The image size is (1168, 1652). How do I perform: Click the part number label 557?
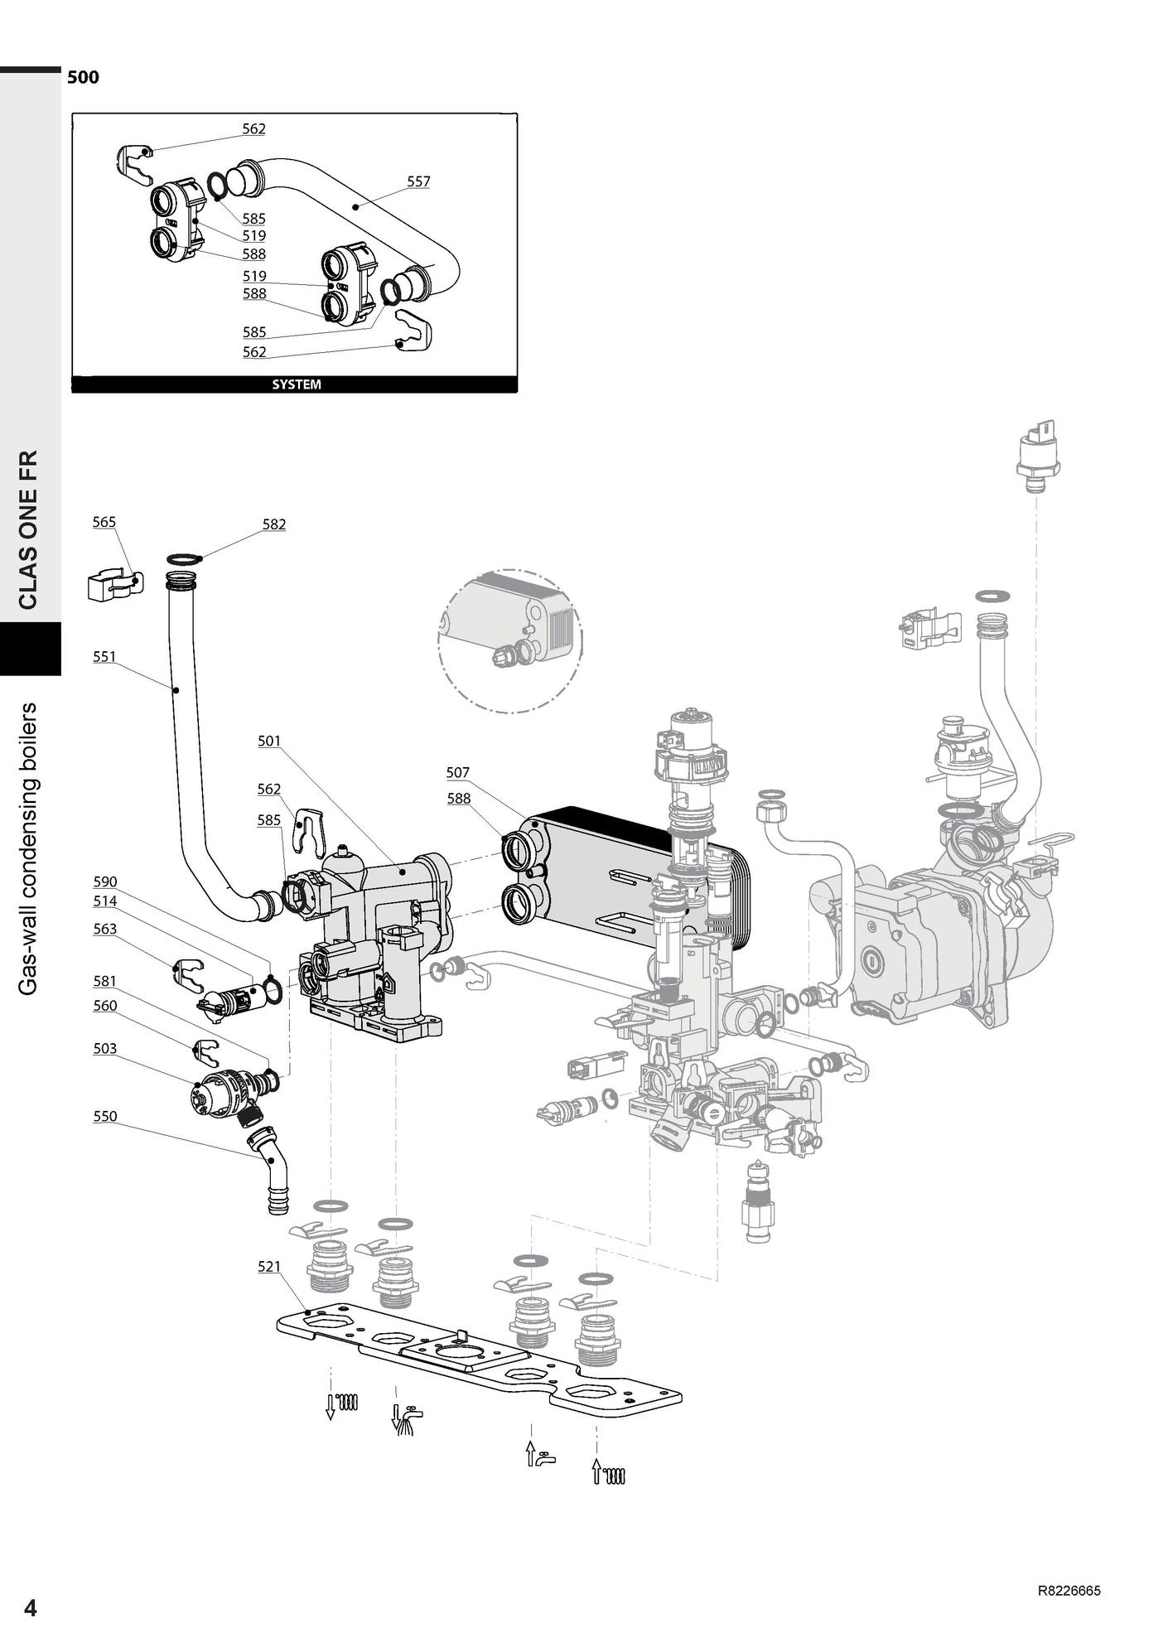click(418, 181)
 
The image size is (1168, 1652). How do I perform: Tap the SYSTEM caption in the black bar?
click(296, 384)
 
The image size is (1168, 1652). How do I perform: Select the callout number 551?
click(104, 657)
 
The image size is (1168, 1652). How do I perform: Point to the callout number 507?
click(458, 773)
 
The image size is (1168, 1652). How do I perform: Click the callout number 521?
click(269, 1267)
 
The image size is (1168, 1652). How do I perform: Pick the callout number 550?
click(104, 1117)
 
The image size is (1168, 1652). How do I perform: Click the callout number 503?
click(104, 1049)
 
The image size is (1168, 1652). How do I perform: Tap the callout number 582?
click(274, 524)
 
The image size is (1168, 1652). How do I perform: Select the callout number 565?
click(104, 522)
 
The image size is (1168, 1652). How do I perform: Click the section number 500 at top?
click(83, 78)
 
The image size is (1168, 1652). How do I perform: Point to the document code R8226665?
click(1069, 1592)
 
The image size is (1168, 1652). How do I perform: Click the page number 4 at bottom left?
click(31, 1608)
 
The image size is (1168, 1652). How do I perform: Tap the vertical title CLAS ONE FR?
click(29, 530)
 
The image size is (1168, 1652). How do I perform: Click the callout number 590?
click(104, 882)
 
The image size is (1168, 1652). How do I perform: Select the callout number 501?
click(269, 741)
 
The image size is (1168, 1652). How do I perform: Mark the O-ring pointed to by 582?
click(184, 559)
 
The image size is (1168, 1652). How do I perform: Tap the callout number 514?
click(104, 901)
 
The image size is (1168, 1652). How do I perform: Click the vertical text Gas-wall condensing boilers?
click(29, 848)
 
